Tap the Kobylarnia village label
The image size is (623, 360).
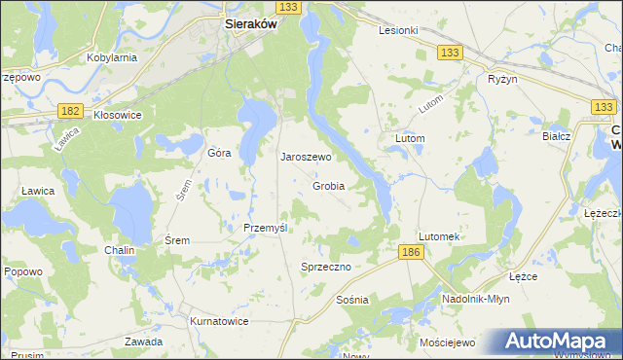click(x=111, y=57)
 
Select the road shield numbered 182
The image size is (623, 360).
click(x=68, y=112)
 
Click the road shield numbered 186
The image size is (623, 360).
click(x=410, y=252)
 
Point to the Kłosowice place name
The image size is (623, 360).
click(x=118, y=115)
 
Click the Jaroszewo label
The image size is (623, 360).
click(x=307, y=157)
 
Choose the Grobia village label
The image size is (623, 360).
click(x=329, y=186)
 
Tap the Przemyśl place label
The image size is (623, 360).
click(x=265, y=228)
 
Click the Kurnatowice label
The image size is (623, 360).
click(x=218, y=321)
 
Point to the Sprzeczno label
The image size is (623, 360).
click(x=326, y=266)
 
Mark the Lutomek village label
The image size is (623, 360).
click(x=438, y=236)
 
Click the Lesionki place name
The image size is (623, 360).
click(x=398, y=30)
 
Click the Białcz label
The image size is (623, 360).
click(x=556, y=137)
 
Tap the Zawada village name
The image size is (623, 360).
click(x=143, y=342)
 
